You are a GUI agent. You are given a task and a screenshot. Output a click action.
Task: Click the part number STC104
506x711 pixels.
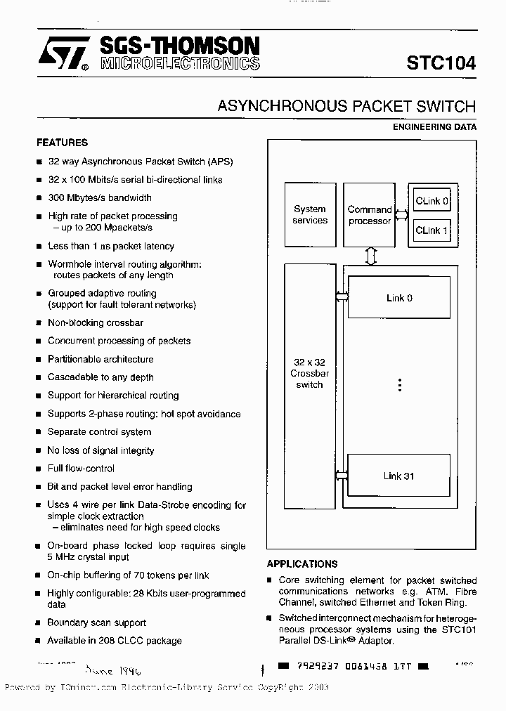(x=441, y=63)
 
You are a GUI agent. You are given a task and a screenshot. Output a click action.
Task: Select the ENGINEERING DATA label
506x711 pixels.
(x=434, y=127)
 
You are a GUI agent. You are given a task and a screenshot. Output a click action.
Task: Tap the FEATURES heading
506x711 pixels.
(x=62, y=143)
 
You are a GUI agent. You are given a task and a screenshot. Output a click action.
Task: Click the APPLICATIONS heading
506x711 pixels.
(x=302, y=563)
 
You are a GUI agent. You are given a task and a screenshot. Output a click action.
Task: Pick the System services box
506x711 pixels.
(x=310, y=215)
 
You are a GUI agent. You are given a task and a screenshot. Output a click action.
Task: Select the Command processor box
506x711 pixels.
(x=370, y=215)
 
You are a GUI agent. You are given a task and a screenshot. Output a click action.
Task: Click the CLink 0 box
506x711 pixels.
(x=432, y=201)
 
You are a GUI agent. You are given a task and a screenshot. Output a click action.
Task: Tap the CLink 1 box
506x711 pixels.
(x=432, y=230)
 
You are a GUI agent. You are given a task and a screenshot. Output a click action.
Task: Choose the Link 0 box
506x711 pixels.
(x=399, y=298)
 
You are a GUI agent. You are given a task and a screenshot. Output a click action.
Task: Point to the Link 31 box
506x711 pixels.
(x=399, y=476)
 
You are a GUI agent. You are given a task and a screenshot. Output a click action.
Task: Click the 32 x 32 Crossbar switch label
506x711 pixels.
(x=310, y=374)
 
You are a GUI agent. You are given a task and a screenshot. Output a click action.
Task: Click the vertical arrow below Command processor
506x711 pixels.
(x=371, y=256)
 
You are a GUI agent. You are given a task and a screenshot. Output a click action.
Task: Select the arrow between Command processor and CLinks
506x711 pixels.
(x=402, y=215)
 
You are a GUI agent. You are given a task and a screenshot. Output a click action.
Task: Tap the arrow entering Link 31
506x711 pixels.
(x=342, y=476)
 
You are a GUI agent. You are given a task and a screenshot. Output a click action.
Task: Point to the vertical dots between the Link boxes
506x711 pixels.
(x=399, y=385)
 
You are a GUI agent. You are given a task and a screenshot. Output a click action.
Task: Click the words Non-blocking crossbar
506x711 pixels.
(x=96, y=322)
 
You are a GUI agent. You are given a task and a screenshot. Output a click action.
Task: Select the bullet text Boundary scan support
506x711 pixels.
(x=97, y=622)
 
